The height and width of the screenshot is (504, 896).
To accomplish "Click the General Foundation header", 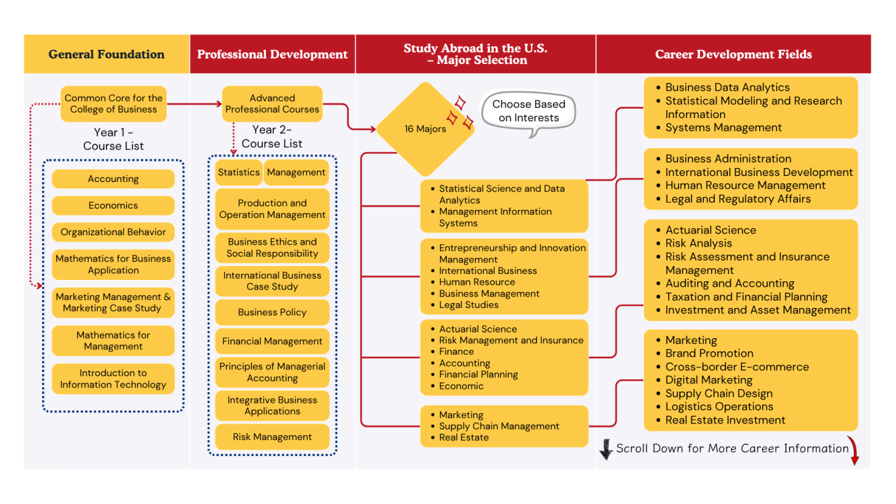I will point(107,55).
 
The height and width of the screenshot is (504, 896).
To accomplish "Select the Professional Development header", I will point(272,55).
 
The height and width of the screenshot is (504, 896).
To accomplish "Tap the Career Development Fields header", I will point(733,55).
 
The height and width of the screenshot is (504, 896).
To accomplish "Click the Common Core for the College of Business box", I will point(113,104).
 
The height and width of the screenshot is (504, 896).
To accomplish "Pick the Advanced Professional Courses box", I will point(272,104).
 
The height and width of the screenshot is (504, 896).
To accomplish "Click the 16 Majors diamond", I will point(425,129).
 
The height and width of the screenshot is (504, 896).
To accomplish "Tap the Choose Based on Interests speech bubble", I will point(528,111).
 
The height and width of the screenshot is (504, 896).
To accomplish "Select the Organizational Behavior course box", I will point(113,232).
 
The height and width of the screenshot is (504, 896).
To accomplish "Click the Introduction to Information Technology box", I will point(113,379).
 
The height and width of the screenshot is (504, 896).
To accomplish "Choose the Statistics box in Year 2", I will point(239,173).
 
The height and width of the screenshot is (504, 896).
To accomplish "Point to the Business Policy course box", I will point(272,312).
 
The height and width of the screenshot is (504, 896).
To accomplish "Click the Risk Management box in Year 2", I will point(272,437).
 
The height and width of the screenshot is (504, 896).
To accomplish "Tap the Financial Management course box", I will point(272,341).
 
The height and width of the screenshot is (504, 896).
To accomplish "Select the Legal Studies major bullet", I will point(469,305).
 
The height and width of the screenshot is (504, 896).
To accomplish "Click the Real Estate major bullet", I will point(464,438).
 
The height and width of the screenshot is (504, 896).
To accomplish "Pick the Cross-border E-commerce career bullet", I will point(737,367).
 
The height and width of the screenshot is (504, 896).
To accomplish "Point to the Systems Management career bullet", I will point(723,127).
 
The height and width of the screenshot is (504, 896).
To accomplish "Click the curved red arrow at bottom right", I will point(854,453).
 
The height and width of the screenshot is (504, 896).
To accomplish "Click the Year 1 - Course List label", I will point(113,139).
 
